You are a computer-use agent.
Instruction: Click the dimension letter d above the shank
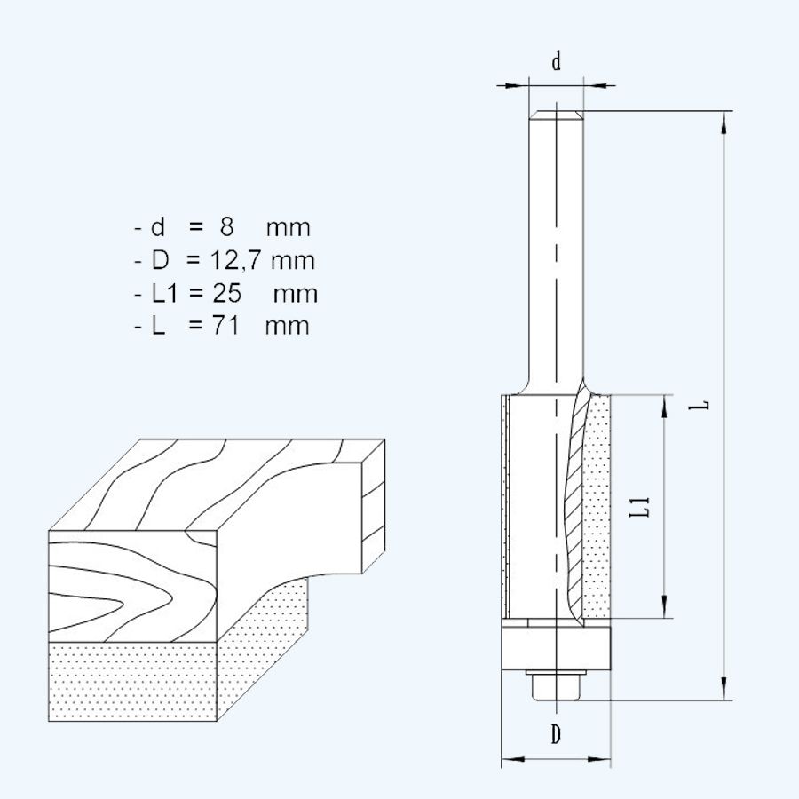click(x=556, y=62)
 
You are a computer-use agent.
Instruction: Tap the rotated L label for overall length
click(x=702, y=404)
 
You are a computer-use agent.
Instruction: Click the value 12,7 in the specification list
click(x=234, y=261)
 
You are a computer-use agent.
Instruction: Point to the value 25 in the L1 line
click(x=234, y=293)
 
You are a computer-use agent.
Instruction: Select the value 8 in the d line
click(x=227, y=227)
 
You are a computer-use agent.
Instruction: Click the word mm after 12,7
click(x=292, y=261)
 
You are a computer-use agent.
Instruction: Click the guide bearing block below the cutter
click(x=556, y=649)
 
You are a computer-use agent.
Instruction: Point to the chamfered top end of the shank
click(x=556, y=114)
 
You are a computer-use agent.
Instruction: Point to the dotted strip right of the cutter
click(x=598, y=506)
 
